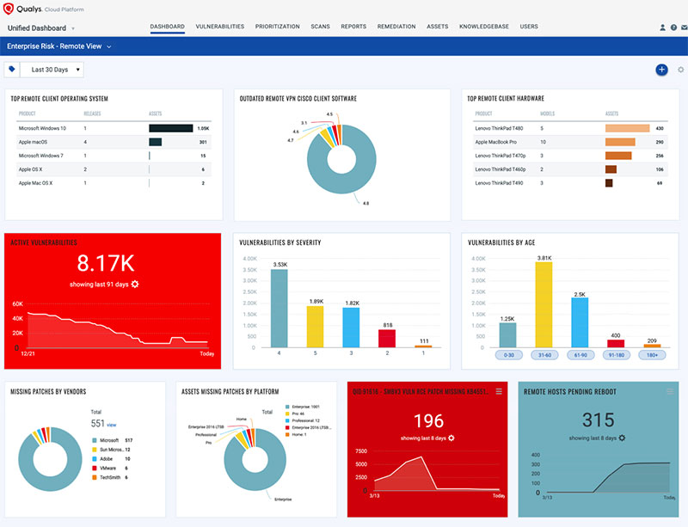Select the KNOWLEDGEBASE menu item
click(484, 27)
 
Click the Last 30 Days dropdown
click(52, 70)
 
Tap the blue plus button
click(660, 70)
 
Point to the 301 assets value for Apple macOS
click(203, 142)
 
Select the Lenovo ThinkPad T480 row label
click(501, 128)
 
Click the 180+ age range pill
click(651, 355)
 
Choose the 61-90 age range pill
click(579, 355)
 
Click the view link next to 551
click(111, 425)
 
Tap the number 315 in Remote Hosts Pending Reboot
click(598, 421)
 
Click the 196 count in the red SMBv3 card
click(427, 421)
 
